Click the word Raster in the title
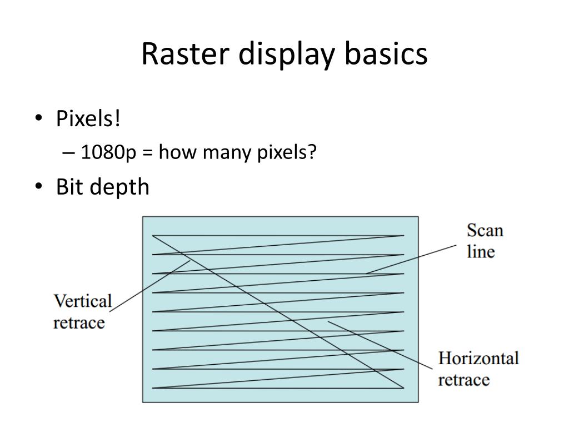pyautogui.click(x=179, y=54)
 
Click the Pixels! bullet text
pyautogui.click(x=88, y=118)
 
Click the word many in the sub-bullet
pyautogui.click(x=221, y=152)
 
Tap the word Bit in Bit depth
pyautogui.click(x=69, y=187)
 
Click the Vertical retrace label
pyautogui.click(x=82, y=312)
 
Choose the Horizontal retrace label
pyautogui.click(x=478, y=369)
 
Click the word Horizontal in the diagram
pyautogui.click(x=478, y=358)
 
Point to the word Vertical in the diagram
pyautogui.click(x=82, y=301)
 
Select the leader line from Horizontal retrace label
pyautogui.click(x=383, y=345)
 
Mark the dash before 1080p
pyautogui.click(x=71, y=152)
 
